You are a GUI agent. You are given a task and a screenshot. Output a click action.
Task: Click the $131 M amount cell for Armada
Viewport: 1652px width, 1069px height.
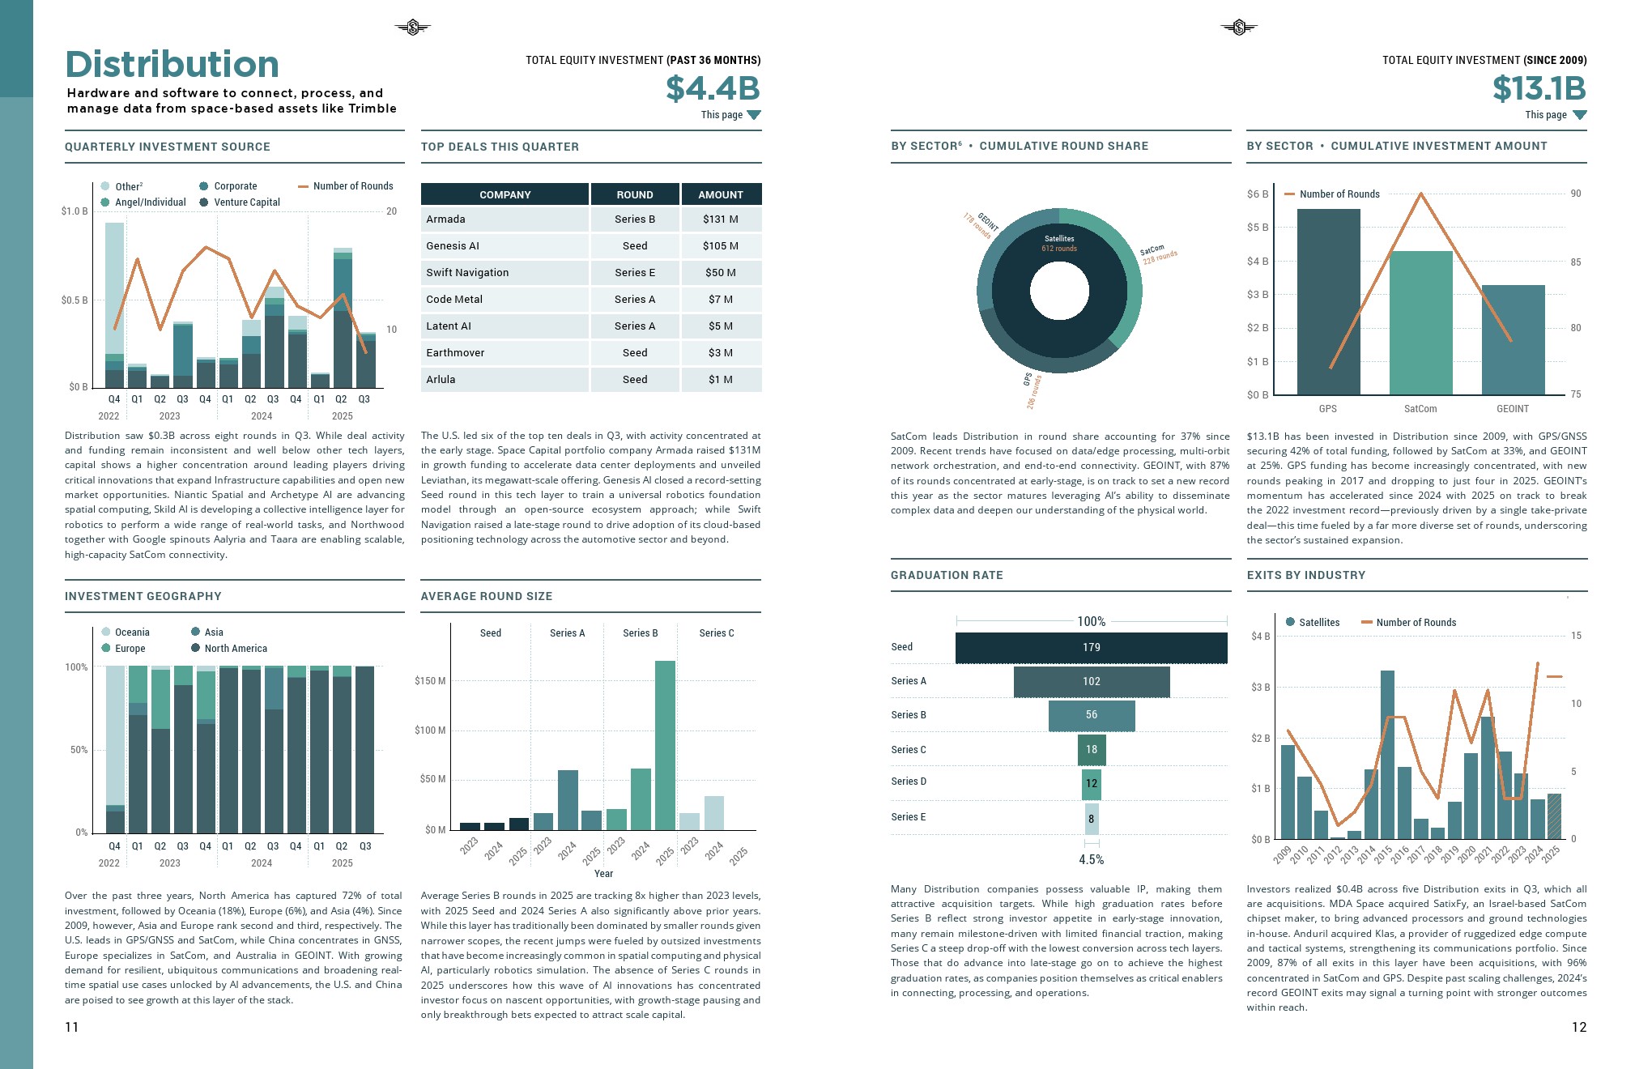click(720, 219)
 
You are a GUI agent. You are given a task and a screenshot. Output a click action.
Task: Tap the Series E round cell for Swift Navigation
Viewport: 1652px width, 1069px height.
click(634, 272)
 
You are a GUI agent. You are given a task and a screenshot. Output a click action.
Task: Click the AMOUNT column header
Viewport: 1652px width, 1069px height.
click(720, 194)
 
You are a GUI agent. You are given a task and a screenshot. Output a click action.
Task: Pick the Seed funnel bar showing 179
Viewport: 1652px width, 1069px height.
click(1091, 647)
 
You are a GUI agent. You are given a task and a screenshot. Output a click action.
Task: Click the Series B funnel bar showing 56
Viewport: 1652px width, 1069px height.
click(1091, 715)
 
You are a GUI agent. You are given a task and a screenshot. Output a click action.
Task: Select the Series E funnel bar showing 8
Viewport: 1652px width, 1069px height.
click(1091, 819)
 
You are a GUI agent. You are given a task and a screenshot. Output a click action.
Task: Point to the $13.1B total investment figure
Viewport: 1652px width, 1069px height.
click(1539, 88)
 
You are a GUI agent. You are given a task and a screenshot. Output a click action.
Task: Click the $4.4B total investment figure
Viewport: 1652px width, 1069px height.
click(713, 88)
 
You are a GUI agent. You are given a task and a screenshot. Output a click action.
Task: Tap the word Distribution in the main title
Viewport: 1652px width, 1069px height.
click(172, 65)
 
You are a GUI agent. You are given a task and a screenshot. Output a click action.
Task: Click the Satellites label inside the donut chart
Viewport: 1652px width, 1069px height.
click(1058, 238)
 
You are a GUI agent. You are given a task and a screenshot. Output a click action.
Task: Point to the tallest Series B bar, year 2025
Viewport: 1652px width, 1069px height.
click(665, 745)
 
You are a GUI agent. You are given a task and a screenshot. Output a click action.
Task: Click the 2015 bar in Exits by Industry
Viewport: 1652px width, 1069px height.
click(1387, 754)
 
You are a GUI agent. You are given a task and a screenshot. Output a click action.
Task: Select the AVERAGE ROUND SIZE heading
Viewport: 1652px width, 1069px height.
click(486, 596)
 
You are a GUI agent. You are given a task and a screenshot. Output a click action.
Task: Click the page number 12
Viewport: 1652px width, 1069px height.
click(1578, 1027)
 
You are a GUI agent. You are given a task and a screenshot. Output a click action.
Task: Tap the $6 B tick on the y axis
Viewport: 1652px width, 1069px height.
click(1257, 194)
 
